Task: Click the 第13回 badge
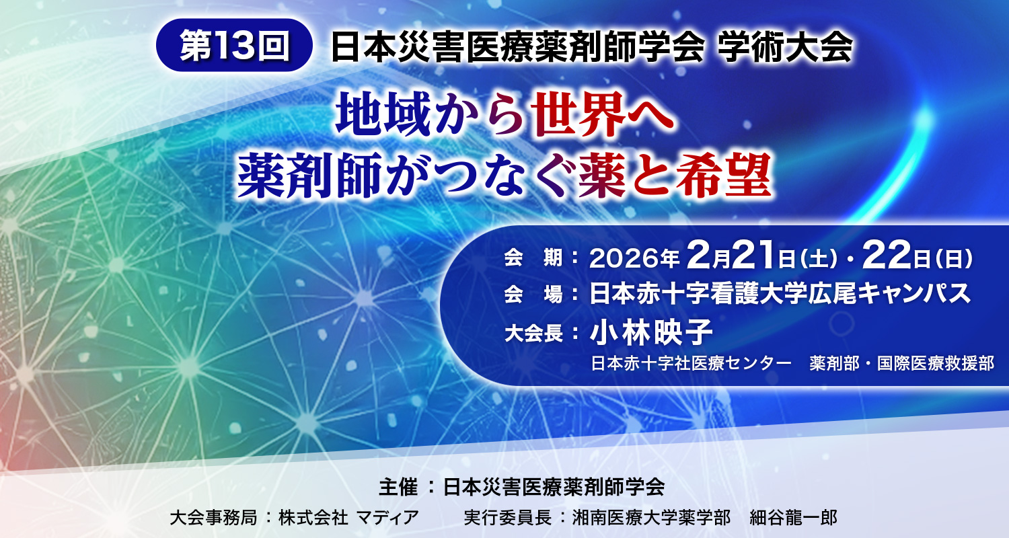tap(234, 46)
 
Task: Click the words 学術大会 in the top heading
tap(784, 47)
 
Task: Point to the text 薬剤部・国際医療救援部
tap(902, 365)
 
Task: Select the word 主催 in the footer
tap(394, 487)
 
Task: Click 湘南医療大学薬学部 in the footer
tap(651, 517)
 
